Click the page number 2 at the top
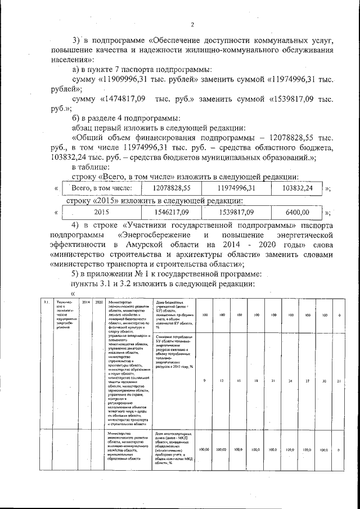click(192, 24)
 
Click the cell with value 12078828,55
click(172, 188)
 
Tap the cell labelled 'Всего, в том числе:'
click(98, 188)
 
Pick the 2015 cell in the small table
click(101, 213)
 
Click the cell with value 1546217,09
click(172, 213)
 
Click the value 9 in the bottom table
click(204, 381)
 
